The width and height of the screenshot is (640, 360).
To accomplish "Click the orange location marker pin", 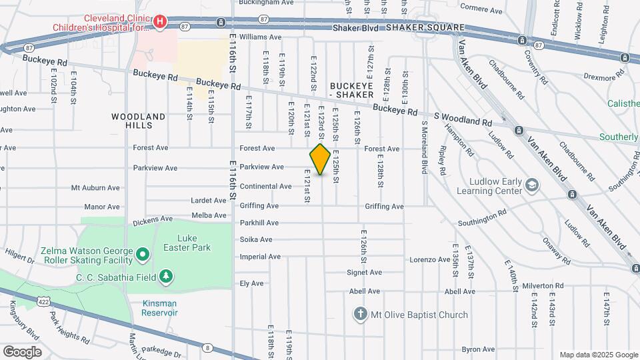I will (x=320, y=159).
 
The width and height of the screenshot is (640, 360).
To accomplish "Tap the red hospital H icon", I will (x=160, y=22).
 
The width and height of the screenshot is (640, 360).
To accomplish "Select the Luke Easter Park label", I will (x=193, y=243).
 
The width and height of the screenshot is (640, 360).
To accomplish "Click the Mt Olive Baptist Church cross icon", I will (x=361, y=314).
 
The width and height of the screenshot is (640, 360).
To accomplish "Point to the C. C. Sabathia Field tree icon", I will (x=166, y=276).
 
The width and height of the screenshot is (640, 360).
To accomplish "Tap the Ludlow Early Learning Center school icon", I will (x=531, y=183).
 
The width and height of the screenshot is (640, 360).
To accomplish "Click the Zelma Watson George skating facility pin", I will (x=141, y=254).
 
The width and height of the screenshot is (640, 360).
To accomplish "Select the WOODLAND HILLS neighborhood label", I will (x=138, y=121).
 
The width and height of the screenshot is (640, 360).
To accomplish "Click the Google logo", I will (x=22, y=351).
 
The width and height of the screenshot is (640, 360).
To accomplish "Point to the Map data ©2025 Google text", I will (x=598, y=355).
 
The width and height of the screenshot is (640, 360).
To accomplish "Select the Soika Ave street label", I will (x=256, y=239).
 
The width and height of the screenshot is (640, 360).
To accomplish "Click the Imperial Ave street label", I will (x=260, y=257).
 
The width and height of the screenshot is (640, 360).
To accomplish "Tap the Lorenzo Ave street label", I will (x=430, y=259).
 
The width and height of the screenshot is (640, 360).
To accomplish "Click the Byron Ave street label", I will (x=478, y=349).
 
